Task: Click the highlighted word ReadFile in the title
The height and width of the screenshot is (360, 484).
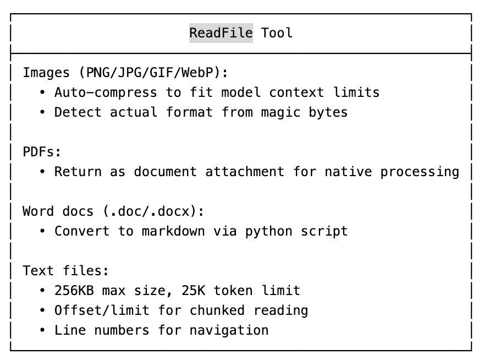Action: (x=221, y=33)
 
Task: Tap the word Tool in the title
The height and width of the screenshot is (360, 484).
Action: (x=277, y=33)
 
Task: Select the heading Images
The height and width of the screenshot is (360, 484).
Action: (x=46, y=73)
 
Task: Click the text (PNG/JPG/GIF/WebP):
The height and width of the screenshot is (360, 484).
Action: (x=153, y=73)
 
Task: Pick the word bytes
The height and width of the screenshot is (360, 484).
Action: (x=328, y=112)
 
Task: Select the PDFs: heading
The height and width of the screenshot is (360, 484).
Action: (x=42, y=152)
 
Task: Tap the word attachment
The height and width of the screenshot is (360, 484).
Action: (x=245, y=172)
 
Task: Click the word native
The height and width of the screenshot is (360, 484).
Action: (x=348, y=172)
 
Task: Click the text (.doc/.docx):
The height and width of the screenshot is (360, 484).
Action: (x=158, y=211)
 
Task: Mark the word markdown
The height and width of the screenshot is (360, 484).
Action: (x=173, y=231)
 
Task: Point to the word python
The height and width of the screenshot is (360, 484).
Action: (x=269, y=231)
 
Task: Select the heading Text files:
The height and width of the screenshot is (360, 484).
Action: (x=66, y=271)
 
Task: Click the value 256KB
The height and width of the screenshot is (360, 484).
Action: (x=74, y=291)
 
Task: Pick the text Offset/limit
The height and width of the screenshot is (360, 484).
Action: (x=102, y=310)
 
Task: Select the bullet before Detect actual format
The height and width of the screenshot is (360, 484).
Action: (x=42, y=112)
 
